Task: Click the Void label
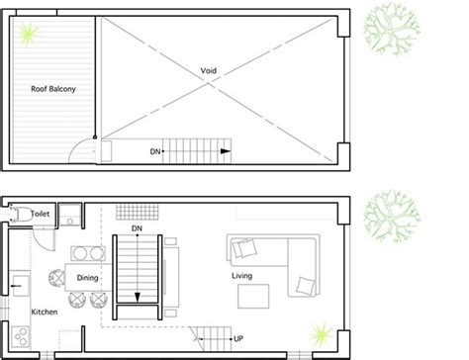tap(209, 70)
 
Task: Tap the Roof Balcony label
tap(53, 89)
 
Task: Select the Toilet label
tap(41, 214)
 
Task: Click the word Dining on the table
tap(87, 278)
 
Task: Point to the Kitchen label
tap(45, 312)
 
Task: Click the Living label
tap(242, 276)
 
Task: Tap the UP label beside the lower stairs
tap(238, 338)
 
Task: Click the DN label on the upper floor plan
tap(155, 151)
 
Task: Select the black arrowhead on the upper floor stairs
tap(226, 151)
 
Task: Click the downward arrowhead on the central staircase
tap(138, 298)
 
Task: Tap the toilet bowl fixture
tap(19, 214)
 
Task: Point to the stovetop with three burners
tap(20, 336)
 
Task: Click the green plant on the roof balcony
tap(28, 34)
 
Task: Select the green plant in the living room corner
tap(322, 334)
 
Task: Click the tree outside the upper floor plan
tap(392, 29)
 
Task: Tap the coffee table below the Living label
tap(253, 297)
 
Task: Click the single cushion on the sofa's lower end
tap(306, 286)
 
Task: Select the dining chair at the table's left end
tap(57, 278)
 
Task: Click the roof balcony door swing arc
tap(77, 145)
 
